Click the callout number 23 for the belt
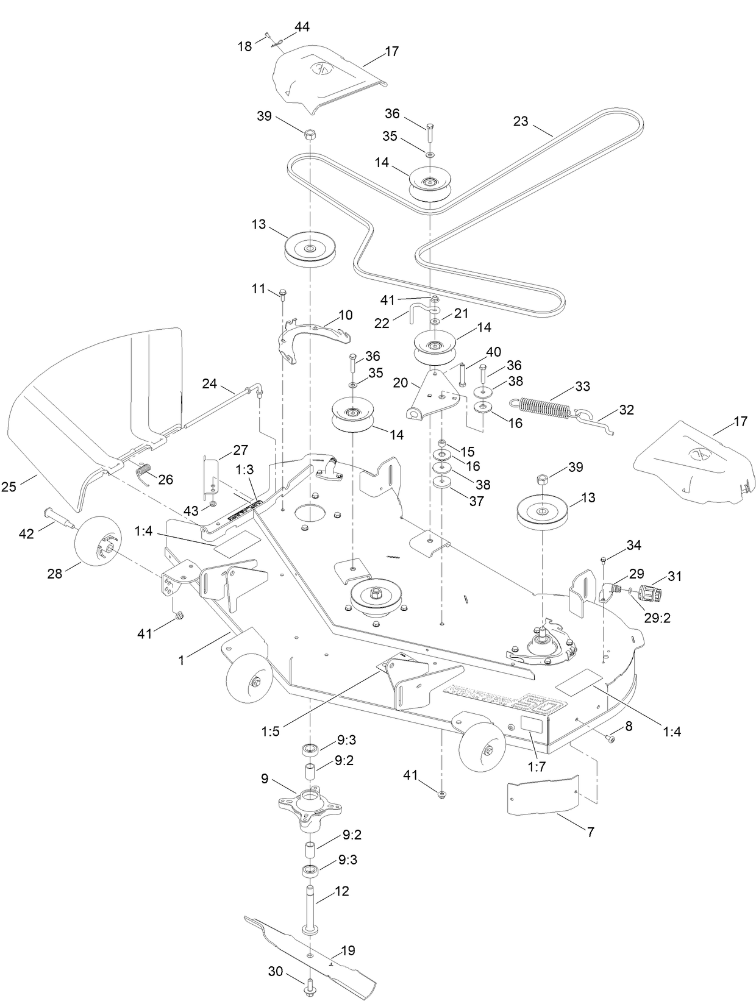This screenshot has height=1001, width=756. (x=520, y=121)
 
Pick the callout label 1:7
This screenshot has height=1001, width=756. (x=537, y=767)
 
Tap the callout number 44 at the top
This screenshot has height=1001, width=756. (x=302, y=27)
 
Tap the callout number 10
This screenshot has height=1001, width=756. (x=345, y=315)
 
